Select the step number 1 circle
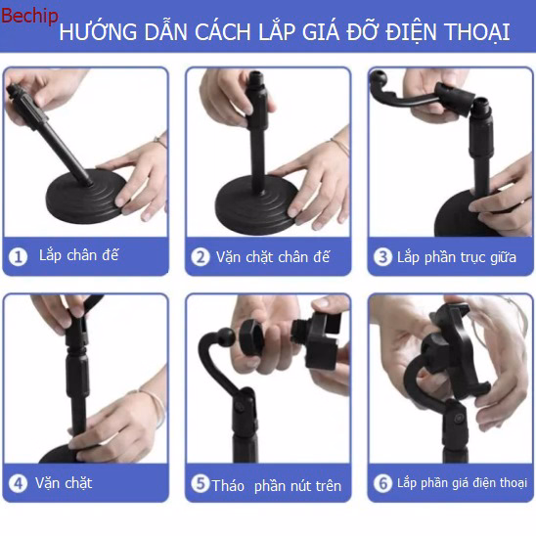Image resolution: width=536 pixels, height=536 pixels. click(x=18, y=257)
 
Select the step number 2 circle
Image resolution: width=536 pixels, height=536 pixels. click(x=201, y=257)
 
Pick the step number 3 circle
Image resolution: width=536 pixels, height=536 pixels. click(x=382, y=257)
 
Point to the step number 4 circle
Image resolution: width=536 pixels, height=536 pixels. click(x=18, y=483)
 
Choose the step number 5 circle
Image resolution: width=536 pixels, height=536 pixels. click(x=201, y=484)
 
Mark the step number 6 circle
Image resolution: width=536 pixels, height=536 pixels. click(x=382, y=483)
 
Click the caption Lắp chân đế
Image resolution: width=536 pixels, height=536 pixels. click(x=78, y=256)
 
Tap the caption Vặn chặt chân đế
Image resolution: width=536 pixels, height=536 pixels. click(x=273, y=257)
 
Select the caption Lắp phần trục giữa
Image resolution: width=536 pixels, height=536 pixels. click(x=456, y=257)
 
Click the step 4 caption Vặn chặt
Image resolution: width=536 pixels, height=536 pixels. click(x=64, y=483)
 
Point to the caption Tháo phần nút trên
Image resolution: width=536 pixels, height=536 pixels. click(x=277, y=485)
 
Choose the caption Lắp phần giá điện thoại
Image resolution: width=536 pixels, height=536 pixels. click(x=462, y=483)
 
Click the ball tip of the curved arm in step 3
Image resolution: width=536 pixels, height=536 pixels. click(x=379, y=85)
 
